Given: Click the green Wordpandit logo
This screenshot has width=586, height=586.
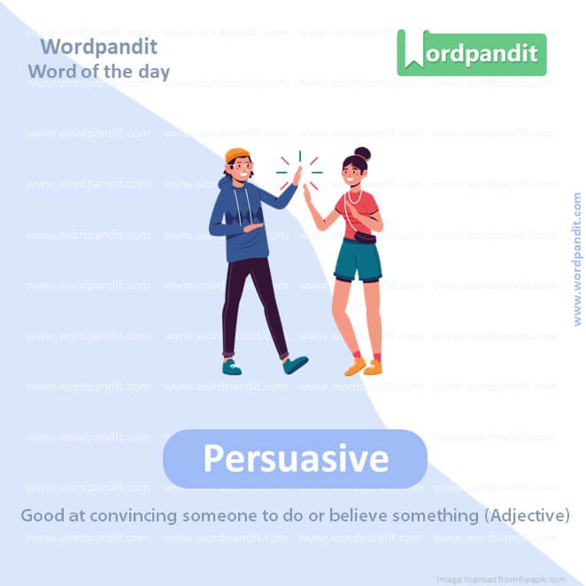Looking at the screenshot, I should (471, 53).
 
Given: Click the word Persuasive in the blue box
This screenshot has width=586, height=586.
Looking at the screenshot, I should (296, 459).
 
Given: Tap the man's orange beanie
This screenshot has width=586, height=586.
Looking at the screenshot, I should (236, 156).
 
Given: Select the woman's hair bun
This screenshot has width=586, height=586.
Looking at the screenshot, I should (362, 154).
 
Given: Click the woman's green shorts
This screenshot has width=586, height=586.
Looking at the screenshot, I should (359, 259).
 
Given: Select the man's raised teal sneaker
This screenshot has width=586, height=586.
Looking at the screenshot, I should (296, 364).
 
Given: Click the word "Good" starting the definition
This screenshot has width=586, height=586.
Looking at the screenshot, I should (41, 515).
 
